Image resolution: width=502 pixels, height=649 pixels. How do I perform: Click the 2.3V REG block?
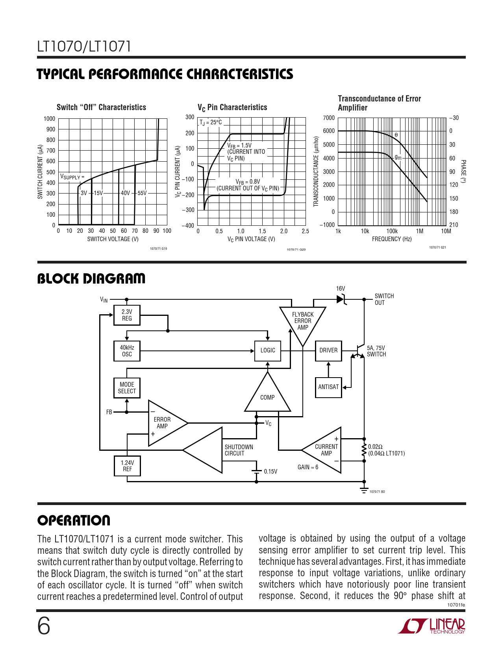(x=127, y=315)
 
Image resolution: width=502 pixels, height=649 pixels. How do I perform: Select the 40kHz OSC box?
(x=127, y=351)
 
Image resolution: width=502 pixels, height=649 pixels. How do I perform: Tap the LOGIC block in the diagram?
(x=268, y=350)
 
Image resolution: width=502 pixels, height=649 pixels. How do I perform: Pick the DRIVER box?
(x=328, y=350)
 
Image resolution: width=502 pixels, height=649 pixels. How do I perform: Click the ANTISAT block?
(x=328, y=387)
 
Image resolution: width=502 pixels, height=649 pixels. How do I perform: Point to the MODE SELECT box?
(x=127, y=388)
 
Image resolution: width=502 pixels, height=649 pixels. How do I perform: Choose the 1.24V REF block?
(x=127, y=466)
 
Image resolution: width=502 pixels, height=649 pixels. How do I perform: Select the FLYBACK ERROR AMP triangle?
(x=303, y=323)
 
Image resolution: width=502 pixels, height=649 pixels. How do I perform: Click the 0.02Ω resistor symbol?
(x=364, y=450)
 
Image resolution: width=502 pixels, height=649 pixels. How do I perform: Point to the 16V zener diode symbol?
(x=341, y=299)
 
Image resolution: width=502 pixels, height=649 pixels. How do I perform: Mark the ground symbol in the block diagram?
(x=364, y=490)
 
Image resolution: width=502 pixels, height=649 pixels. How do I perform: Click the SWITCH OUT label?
(x=384, y=299)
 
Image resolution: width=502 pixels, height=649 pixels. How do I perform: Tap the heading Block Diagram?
(x=91, y=278)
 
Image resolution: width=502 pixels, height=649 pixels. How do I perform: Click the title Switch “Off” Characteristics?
(x=101, y=107)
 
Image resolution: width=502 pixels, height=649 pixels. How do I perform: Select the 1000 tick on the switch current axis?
(x=49, y=119)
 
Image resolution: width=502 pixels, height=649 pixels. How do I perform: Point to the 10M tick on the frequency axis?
(x=446, y=231)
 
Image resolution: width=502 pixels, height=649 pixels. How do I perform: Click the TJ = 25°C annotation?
(x=211, y=122)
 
